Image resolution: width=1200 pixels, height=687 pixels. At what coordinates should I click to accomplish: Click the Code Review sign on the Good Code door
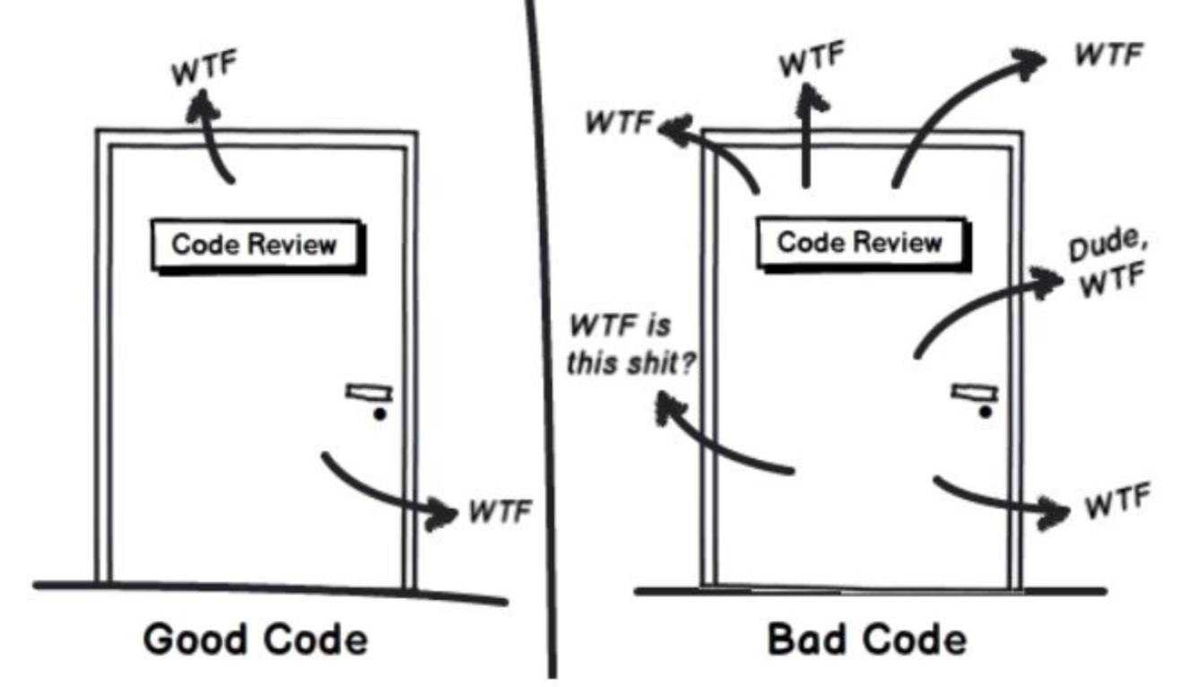[255, 245]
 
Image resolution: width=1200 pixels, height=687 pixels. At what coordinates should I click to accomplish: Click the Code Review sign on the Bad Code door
[860, 242]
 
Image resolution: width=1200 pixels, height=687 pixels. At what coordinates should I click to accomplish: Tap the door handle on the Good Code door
[370, 391]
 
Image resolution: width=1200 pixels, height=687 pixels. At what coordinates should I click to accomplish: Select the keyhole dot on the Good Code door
[379, 414]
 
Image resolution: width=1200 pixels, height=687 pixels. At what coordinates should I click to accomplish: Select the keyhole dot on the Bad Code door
[986, 412]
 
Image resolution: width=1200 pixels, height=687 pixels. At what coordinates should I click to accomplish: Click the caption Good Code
[256, 639]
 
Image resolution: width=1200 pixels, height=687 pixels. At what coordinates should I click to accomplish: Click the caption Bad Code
[867, 639]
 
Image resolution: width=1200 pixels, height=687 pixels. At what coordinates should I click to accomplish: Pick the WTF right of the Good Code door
[500, 512]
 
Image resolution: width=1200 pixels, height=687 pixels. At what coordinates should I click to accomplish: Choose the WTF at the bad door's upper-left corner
[618, 124]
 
